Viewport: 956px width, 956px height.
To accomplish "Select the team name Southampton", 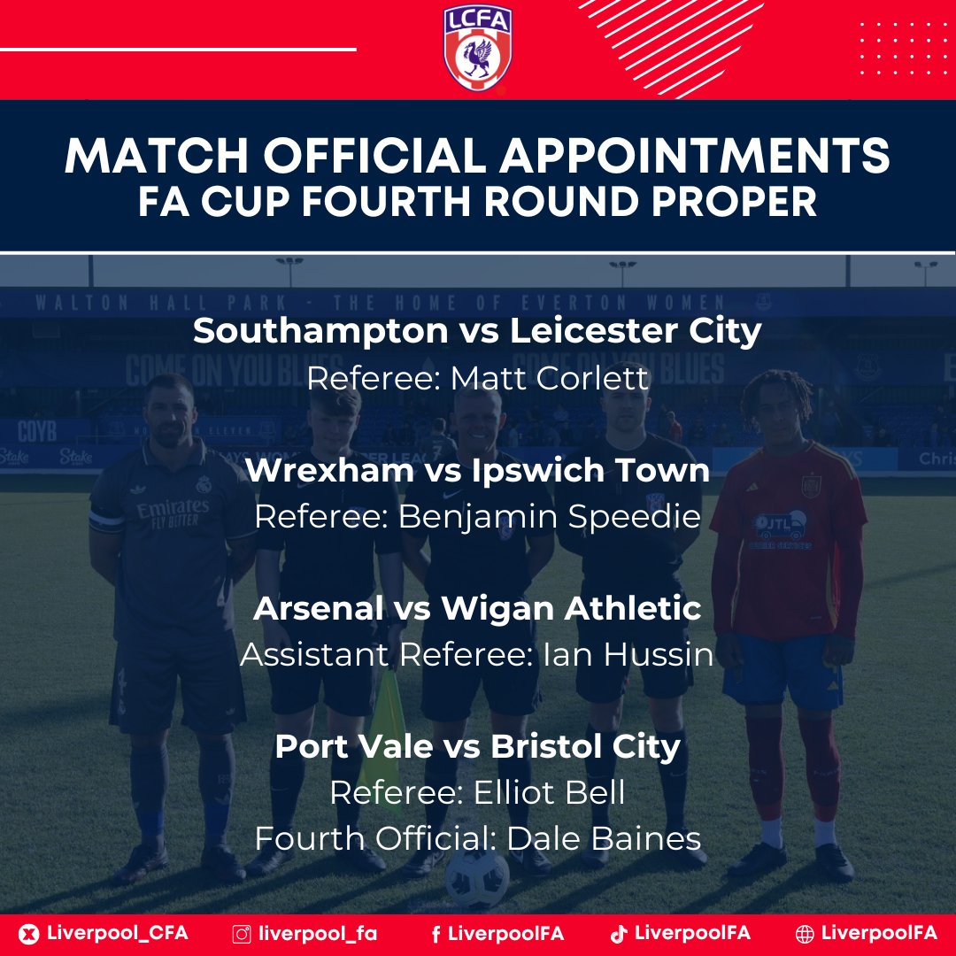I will click(x=320, y=331).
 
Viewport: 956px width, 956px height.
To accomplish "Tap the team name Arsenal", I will click(x=320, y=608).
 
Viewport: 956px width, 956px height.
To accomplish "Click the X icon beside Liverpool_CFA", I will click(x=29, y=933).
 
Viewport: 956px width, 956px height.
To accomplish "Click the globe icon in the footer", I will click(x=805, y=933).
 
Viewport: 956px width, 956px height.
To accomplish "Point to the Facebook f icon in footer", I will click(x=436, y=933).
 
